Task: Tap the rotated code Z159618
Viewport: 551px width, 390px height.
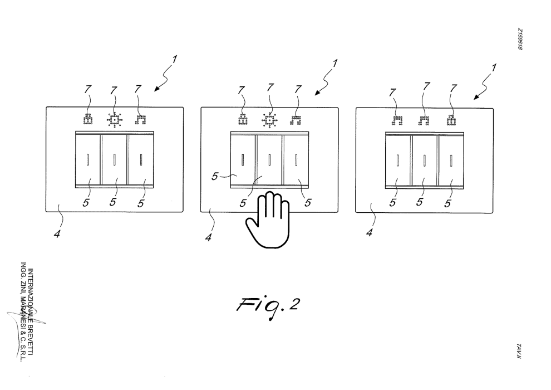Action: tap(520, 40)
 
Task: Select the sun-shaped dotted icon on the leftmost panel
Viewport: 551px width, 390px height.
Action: tap(114, 120)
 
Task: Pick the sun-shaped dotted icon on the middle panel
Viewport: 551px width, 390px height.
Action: tap(269, 120)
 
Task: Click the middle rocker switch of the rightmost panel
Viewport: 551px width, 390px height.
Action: tap(424, 160)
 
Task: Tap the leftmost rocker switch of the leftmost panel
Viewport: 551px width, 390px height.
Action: tap(87, 160)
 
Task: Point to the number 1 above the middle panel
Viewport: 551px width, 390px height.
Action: tap(334, 64)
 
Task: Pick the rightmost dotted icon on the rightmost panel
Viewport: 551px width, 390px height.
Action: tap(451, 120)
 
